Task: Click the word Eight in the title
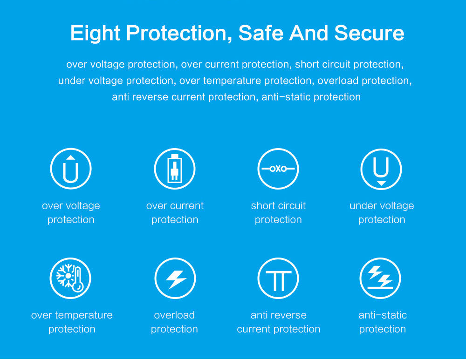[x=95, y=33]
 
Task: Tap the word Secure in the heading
[x=369, y=33]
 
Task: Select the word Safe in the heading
[x=261, y=33]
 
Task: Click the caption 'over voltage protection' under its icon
[x=71, y=213]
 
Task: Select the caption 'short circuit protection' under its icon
[x=278, y=213]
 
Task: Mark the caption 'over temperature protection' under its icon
[x=72, y=322]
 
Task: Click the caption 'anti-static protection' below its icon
[x=383, y=322]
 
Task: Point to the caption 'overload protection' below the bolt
[x=174, y=322]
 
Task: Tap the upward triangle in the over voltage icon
[x=70, y=157]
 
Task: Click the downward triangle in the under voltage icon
[x=381, y=183]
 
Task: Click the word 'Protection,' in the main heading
[x=179, y=33]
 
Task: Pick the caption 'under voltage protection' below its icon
[x=382, y=213]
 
